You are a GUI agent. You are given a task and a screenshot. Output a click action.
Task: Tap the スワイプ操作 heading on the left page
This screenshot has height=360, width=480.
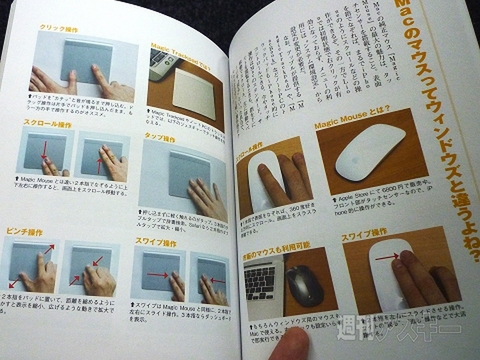160,240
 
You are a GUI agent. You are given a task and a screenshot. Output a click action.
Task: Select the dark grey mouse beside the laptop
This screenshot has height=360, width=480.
306,285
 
